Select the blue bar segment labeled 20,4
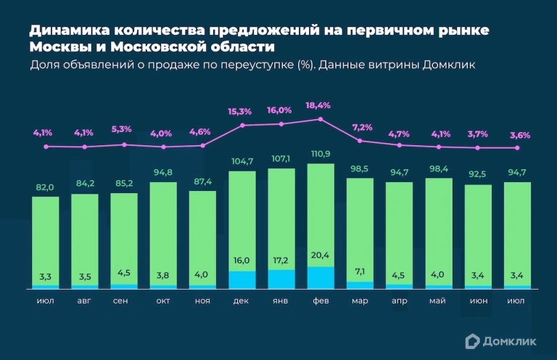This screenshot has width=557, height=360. (321, 278)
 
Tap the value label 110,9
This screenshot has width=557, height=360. (321, 155)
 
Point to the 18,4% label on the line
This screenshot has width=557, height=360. (318, 105)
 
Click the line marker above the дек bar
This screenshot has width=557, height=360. (242, 126)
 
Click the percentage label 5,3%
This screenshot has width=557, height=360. (122, 129)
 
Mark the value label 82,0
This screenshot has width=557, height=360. (45, 187)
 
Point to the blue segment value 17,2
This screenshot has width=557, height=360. (281, 260)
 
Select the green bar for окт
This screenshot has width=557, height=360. (163, 232)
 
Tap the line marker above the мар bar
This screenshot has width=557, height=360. (360, 141)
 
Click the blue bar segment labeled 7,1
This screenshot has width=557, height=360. (360, 285)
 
